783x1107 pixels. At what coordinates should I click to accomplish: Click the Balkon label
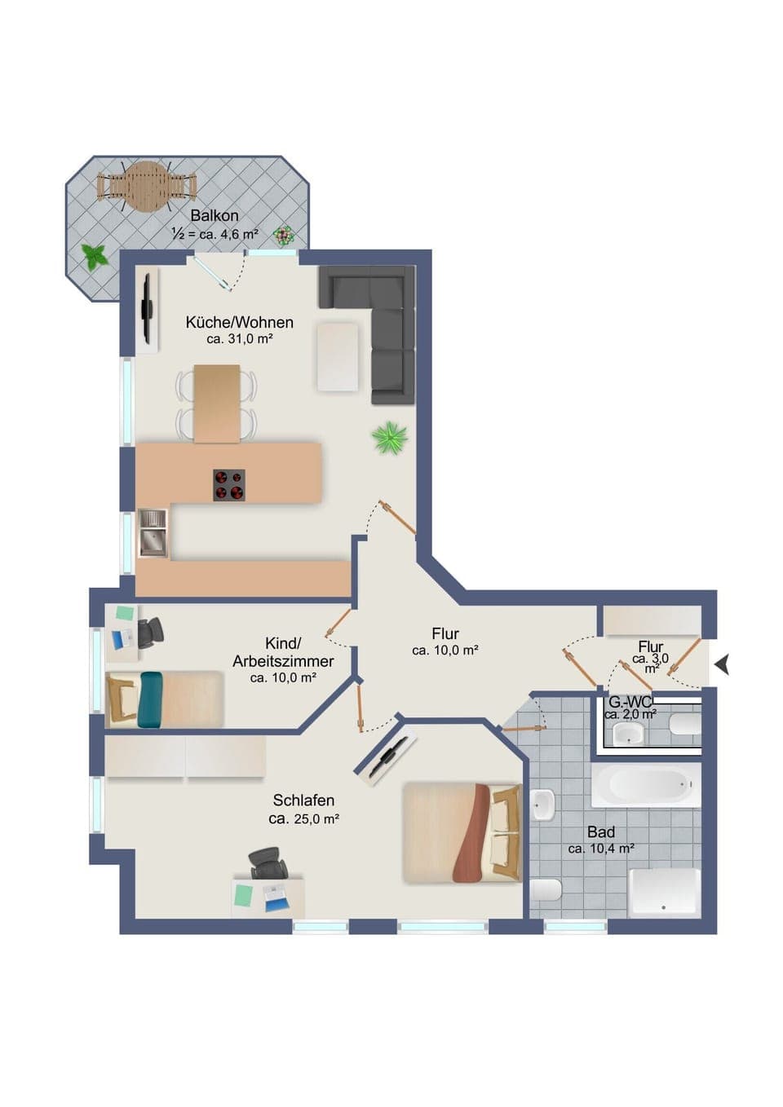tap(215, 216)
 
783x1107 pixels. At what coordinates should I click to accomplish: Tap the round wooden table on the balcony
tap(147, 187)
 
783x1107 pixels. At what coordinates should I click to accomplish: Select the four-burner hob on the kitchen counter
tap(229, 485)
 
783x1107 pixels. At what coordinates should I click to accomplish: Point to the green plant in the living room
tap(390, 437)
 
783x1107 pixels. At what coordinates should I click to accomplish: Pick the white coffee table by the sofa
tap(338, 357)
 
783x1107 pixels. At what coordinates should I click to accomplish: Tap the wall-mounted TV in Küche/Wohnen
tap(148, 309)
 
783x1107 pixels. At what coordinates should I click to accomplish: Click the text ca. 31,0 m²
tap(239, 339)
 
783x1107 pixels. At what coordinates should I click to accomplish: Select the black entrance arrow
tap(722, 665)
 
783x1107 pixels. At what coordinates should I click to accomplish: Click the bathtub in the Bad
tap(645, 785)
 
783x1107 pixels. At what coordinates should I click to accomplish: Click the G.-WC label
tap(630, 702)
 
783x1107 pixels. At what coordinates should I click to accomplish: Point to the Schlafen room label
tap(303, 800)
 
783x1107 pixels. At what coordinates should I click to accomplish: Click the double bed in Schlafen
tap(462, 833)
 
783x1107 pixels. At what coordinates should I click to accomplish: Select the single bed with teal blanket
tap(164, 699)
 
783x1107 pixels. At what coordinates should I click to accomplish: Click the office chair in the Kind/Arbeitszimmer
tap(151, 633)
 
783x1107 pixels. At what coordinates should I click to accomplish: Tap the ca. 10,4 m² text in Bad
tap(601, 849)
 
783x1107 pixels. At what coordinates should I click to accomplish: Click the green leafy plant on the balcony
tap(95, 258)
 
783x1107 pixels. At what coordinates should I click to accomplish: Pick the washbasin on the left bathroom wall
tap(542, 805)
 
